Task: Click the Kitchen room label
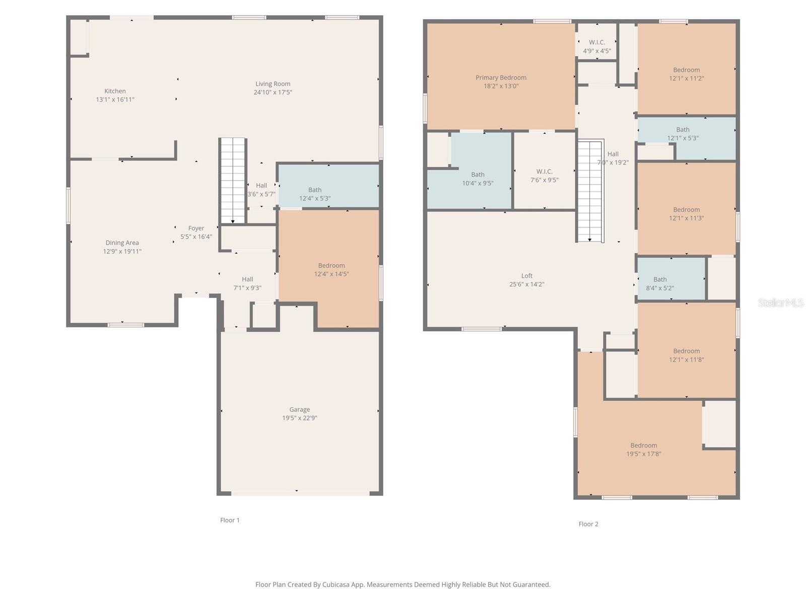(x=115, y=91)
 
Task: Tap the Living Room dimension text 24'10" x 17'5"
(x=273, y=92)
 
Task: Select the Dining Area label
(x=122, y=243)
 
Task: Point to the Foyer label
(x=196, y=228)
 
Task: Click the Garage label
(x=299, y=409)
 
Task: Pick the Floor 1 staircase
(x=233, y=180)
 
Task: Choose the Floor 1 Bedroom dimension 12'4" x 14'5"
(x=331, y=274)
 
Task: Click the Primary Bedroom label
(x=501, y=78)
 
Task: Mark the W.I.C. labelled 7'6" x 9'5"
(x=544, y=171)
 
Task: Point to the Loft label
(x=526, y=275)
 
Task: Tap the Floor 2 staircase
(x=590, y=191)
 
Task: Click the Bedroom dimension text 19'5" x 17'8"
(x=643, y=454)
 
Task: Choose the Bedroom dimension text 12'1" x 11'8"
(x=686, y=359)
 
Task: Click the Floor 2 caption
(x=588, y=524)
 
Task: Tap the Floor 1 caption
(x=230, y=520)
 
